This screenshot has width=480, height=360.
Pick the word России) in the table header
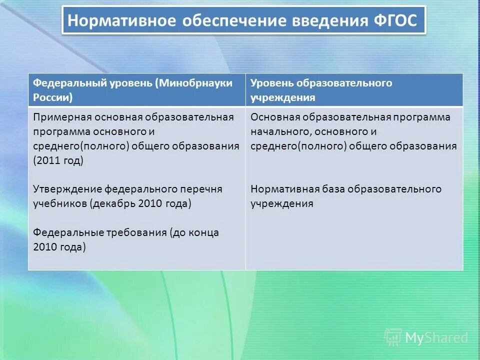click(x=53, y=97)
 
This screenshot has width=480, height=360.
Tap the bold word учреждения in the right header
click(x=282, y=97)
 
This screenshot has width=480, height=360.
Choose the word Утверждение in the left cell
click(x=67, y=189)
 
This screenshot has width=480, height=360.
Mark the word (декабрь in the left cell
click(x=113, y=204)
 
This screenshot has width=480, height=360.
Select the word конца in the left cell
click(x=204, y=233)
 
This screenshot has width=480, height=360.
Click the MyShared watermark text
click(x=436, y=338)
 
